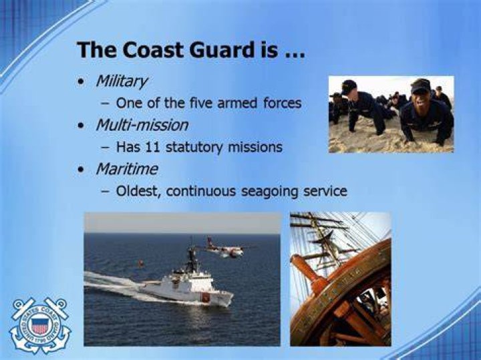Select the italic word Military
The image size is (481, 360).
[122, 81]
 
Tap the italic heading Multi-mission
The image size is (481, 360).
[142, 125]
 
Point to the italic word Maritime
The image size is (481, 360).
[127, 169]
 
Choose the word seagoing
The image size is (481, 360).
[269, 192]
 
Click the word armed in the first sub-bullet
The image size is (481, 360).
[236, 103]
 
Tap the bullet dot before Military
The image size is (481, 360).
[81, 82]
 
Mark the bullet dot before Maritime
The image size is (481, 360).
[81, 170]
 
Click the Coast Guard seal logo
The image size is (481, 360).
[40, 325]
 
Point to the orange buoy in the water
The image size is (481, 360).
[140, 263]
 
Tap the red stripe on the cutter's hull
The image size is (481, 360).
[205, 297]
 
